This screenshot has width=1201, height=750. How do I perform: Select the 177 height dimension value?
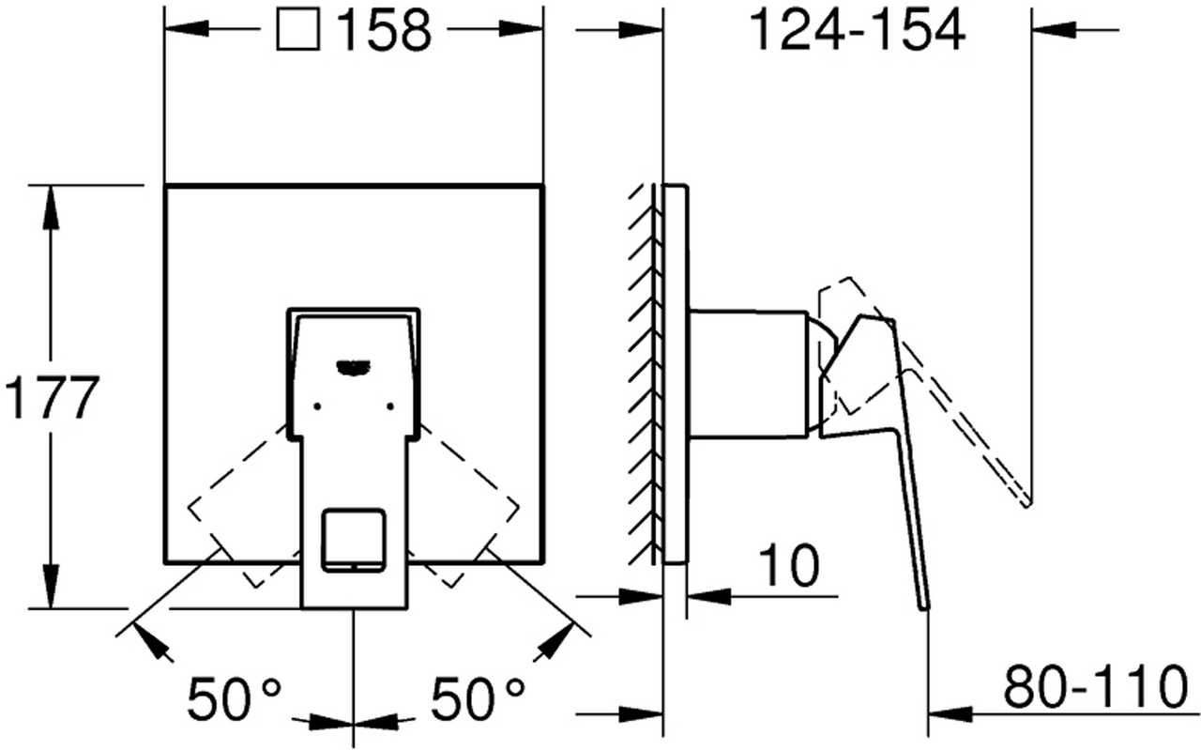[52, 398]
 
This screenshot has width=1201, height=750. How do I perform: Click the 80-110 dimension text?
[1095, 687]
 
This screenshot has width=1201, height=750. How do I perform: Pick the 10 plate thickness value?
[789, 565]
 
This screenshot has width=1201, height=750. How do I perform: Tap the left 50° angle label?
[235, 699]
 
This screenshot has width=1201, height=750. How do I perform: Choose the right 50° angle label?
[478, 699]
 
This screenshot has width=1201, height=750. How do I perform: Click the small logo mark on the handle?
[353, 367]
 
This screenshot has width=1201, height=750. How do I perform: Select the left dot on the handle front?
[317, 406]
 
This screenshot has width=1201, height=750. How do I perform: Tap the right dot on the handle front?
[389, 406]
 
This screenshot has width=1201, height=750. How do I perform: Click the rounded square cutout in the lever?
[354, 540]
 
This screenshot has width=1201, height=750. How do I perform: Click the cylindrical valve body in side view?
[749, 374]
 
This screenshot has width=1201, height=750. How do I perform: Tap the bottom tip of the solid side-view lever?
[924, 608]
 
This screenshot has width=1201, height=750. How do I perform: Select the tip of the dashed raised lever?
[1027, 503]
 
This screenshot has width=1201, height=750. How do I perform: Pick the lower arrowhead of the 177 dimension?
[51, 587]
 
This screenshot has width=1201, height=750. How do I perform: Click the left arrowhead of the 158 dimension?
[187, 29]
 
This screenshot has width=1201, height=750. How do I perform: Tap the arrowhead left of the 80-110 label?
[950, 714]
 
